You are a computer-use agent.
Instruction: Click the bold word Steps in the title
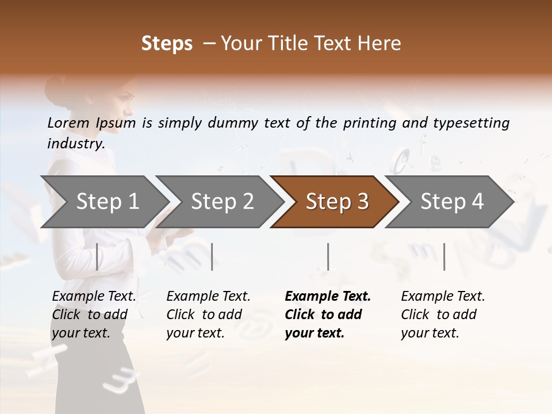coord(167,43)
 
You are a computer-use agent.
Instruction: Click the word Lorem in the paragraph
coord(68,122)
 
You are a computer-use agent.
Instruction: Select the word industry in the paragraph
coord(75,143)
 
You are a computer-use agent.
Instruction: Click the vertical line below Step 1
coord(97,256)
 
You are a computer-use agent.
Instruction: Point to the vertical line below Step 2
coord(212,256)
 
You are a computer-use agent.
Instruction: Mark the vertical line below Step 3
coord(328,256)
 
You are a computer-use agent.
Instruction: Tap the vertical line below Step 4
coord(444,256)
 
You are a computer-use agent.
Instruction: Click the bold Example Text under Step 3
coord(328,297)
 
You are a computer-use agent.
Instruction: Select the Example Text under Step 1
coord(94,297)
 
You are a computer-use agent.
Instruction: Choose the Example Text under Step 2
coord(208,297)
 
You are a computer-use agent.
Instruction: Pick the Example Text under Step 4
coord(443,297)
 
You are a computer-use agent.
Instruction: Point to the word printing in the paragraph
coord(365,122)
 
